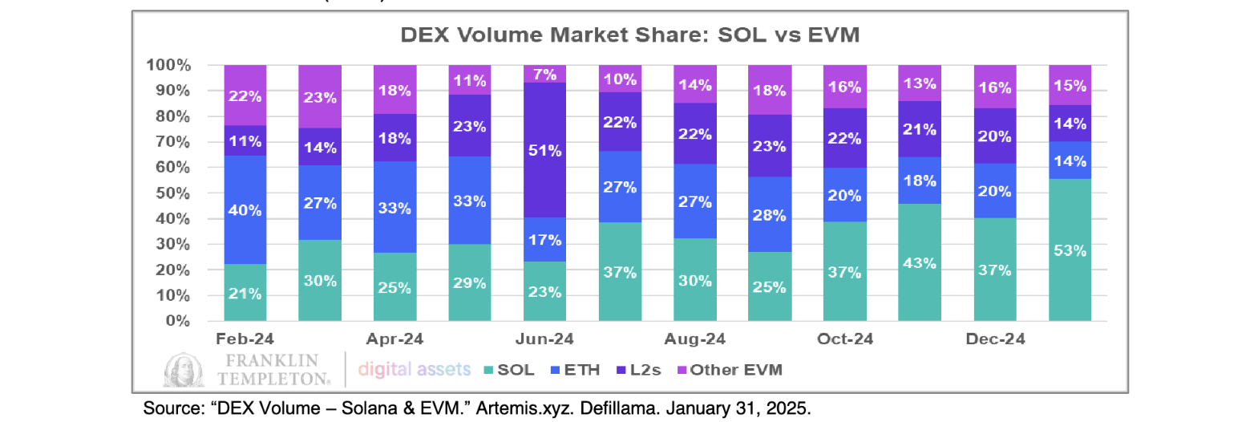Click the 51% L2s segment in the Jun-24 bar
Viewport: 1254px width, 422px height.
[544, 150]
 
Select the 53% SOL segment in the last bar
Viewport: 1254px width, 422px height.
[1070, 250]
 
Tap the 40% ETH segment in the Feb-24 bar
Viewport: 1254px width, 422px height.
[245, 209]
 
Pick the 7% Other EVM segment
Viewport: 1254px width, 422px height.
[544, 74]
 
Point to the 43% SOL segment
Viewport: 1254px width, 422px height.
[920, 262]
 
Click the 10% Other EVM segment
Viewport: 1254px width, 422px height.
[620, 79]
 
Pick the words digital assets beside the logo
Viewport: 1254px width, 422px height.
[414, 370]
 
